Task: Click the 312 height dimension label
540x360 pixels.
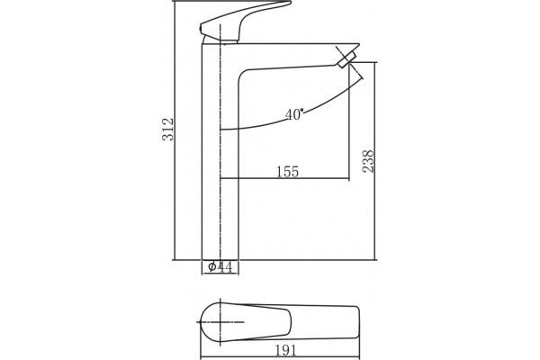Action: (168, 130)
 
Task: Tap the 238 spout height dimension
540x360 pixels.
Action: (368, 161)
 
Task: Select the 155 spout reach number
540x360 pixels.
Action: (288, 172)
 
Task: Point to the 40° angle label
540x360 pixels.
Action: (294, 114)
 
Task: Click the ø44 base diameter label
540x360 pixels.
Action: (220, 266)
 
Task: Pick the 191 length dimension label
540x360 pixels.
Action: (285, 350)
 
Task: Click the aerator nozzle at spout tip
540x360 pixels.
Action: (346, 60)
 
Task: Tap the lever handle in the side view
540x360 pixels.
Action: (242, 22)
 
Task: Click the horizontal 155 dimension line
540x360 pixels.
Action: (284, 179)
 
